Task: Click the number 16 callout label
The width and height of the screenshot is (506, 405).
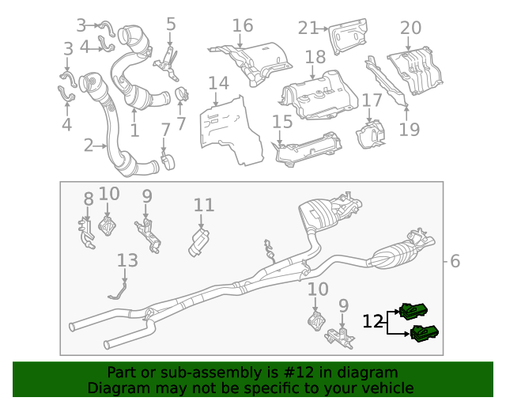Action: coord(243,25)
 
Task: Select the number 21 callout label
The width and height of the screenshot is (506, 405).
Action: coord(309,28)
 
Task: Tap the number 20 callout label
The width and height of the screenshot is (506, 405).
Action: coord(410,28)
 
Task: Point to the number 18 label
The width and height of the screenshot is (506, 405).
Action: coord(315,58)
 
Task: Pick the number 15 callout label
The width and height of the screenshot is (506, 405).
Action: coord(282,122)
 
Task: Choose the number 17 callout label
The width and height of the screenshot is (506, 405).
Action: coord(372,100)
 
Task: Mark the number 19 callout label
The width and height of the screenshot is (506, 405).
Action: coord(410,129)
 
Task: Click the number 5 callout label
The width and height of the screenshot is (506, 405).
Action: coord(171,25)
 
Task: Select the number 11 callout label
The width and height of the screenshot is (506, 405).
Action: coord(204,206)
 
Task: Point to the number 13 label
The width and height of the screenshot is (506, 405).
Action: coord(127,260)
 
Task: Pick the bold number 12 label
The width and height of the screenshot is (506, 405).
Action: coord(373,322)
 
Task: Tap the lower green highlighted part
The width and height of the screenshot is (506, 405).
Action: coord(425,334)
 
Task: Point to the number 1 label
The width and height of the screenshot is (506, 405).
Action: coord(134,131)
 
